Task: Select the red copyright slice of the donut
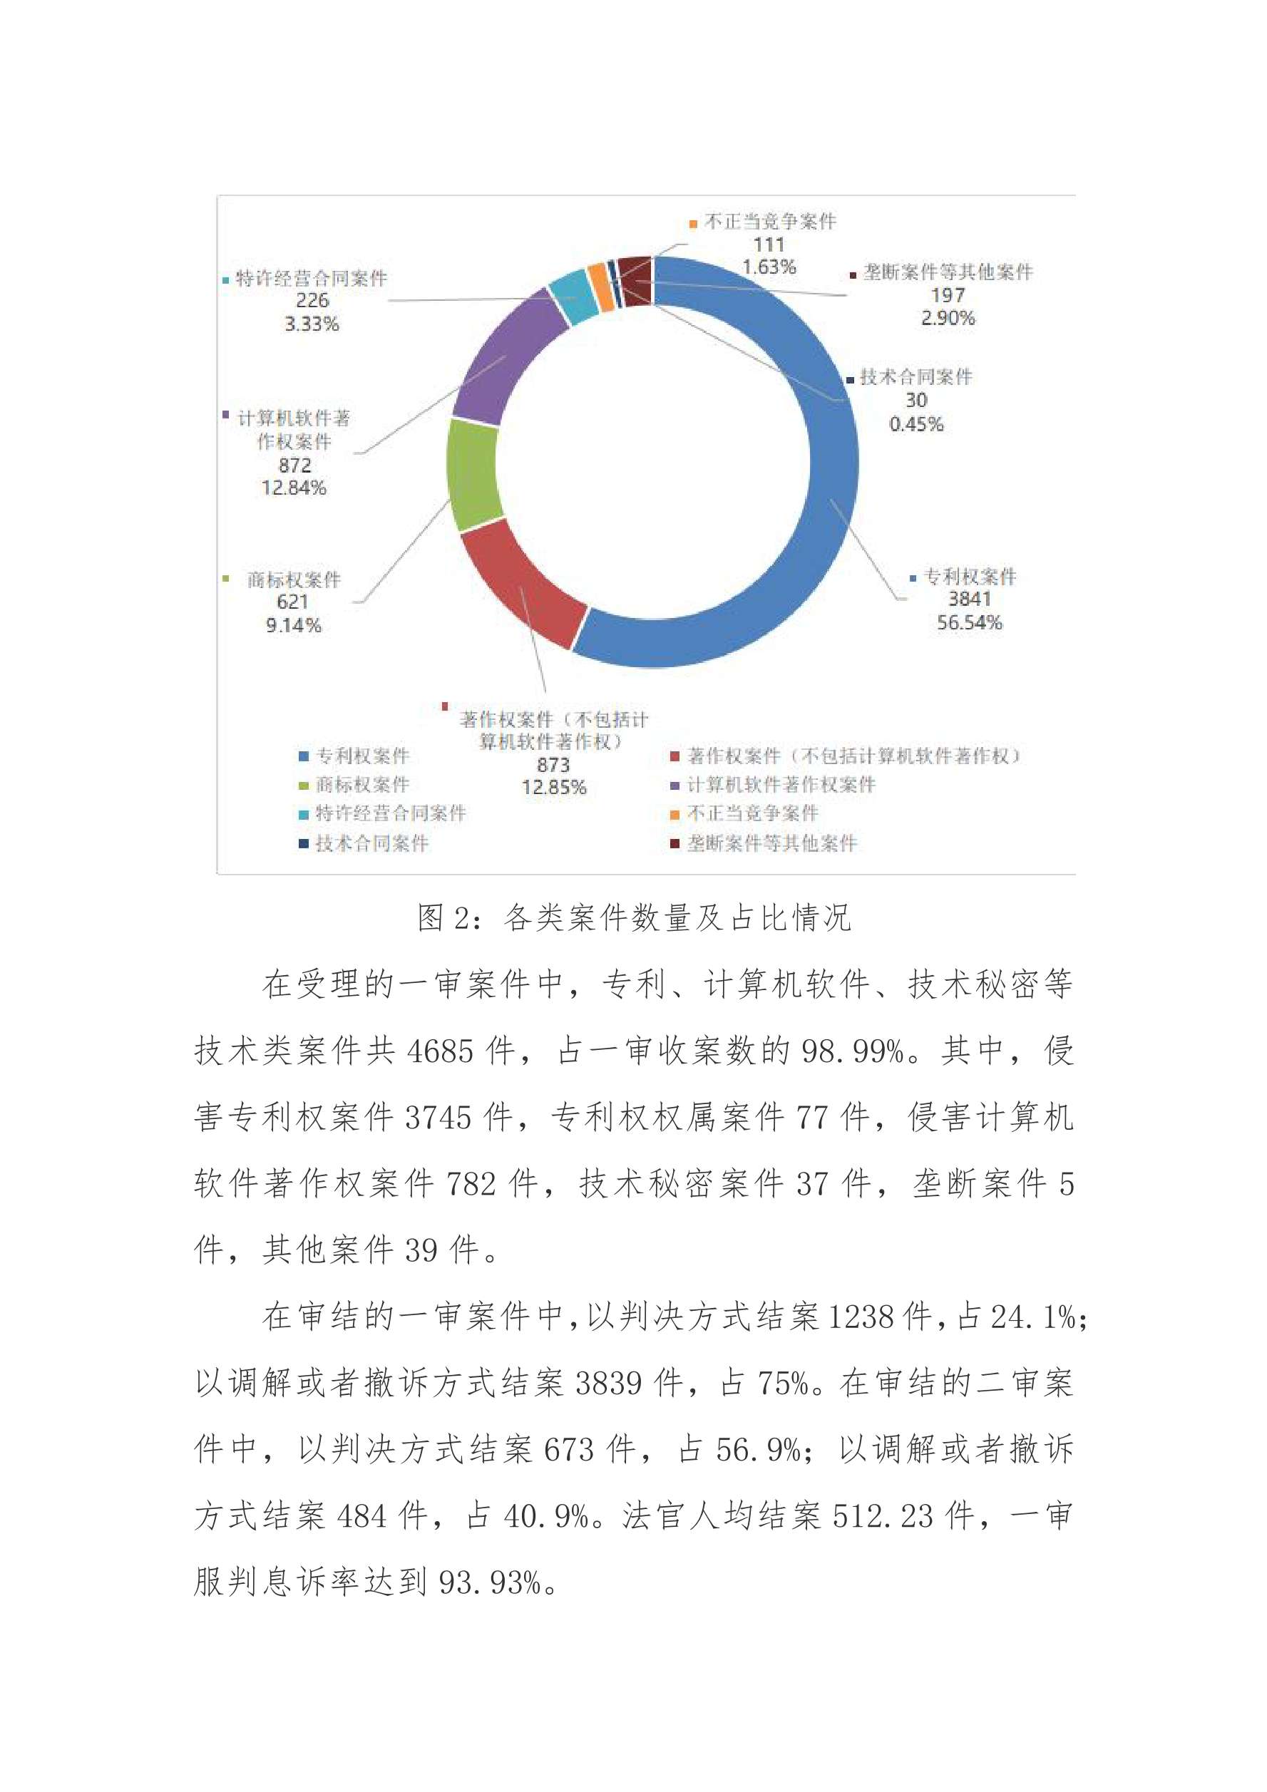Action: pos(519,585)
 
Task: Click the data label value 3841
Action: pos(969,599)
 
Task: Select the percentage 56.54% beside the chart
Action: pos(969,622)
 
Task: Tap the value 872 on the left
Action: pos(294,465)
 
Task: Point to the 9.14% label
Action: pos(294,625)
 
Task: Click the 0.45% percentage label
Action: pos(915,424)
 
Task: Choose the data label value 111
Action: pos(769,244)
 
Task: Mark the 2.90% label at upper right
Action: pos(948,318)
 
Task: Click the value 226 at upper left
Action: pos(312,301)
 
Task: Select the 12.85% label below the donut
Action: pos(553,787)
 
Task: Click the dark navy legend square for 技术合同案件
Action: pos(304,843)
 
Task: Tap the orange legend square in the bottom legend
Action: pos(674,815)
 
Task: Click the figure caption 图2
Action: pos(634,918)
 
